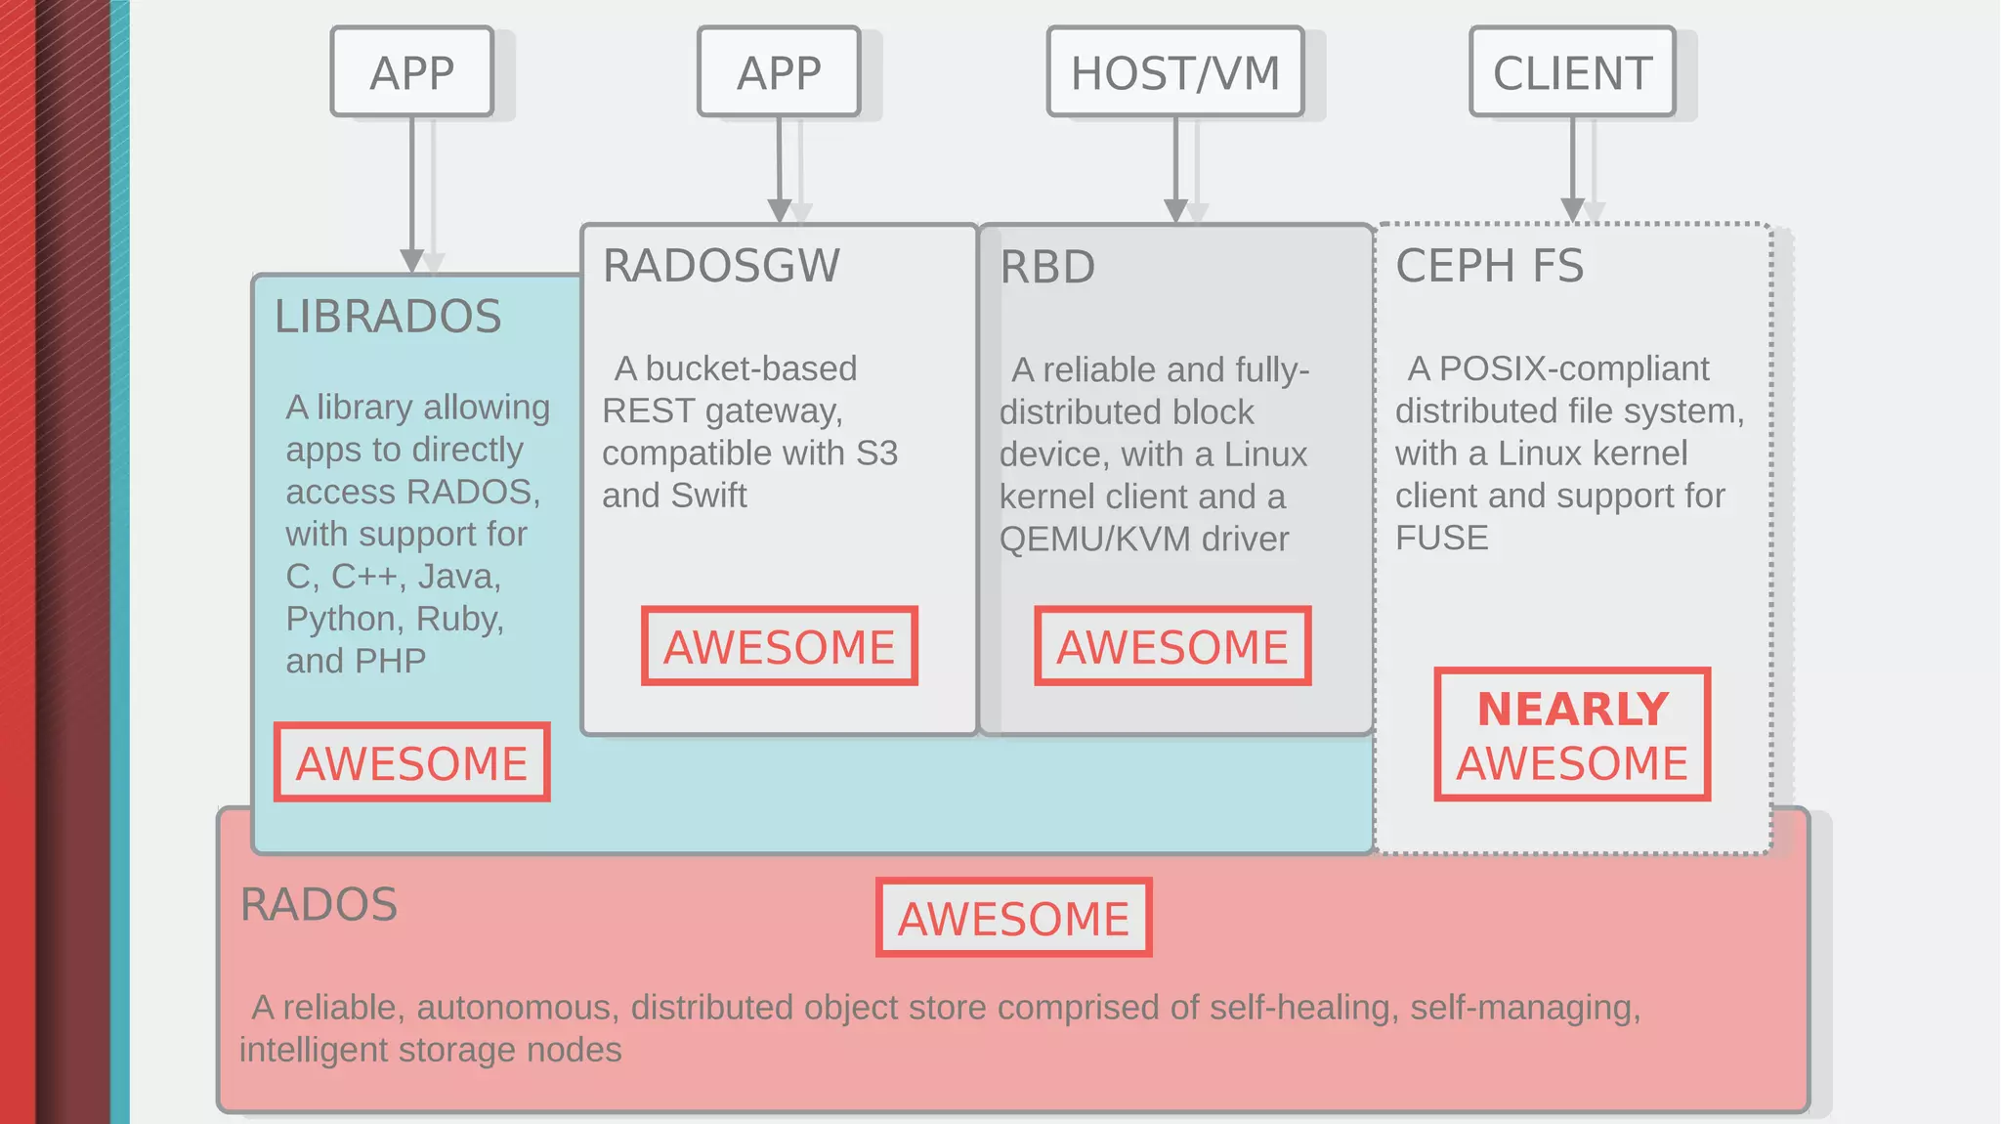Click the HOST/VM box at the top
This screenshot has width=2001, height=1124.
[1175, 72]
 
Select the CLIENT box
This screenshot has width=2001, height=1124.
[1572, 72]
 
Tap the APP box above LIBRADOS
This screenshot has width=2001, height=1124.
[411, 72]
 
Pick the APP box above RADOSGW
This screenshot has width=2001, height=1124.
[779, 72]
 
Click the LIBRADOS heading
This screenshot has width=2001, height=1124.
[388, 317]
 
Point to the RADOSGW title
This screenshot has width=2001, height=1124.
[721, 266]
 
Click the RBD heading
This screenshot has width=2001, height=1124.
[1047, 267]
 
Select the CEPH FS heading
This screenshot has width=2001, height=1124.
[1489, 266]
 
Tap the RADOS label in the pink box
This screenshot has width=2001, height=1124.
[319, 904]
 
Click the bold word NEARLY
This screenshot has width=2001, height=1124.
[1572, 709]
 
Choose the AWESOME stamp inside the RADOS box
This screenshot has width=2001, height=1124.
[1013, 918]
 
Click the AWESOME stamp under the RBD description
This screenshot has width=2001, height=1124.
[1172, 646]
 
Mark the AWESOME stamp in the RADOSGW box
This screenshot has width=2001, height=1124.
[779, 646]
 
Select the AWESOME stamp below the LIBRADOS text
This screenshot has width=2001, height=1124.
[411, 762]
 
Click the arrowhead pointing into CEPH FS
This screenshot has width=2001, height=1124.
[1572, 209]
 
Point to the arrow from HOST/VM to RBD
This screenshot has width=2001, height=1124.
[1175, 166]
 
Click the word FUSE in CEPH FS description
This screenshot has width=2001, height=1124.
[1441, 538]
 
